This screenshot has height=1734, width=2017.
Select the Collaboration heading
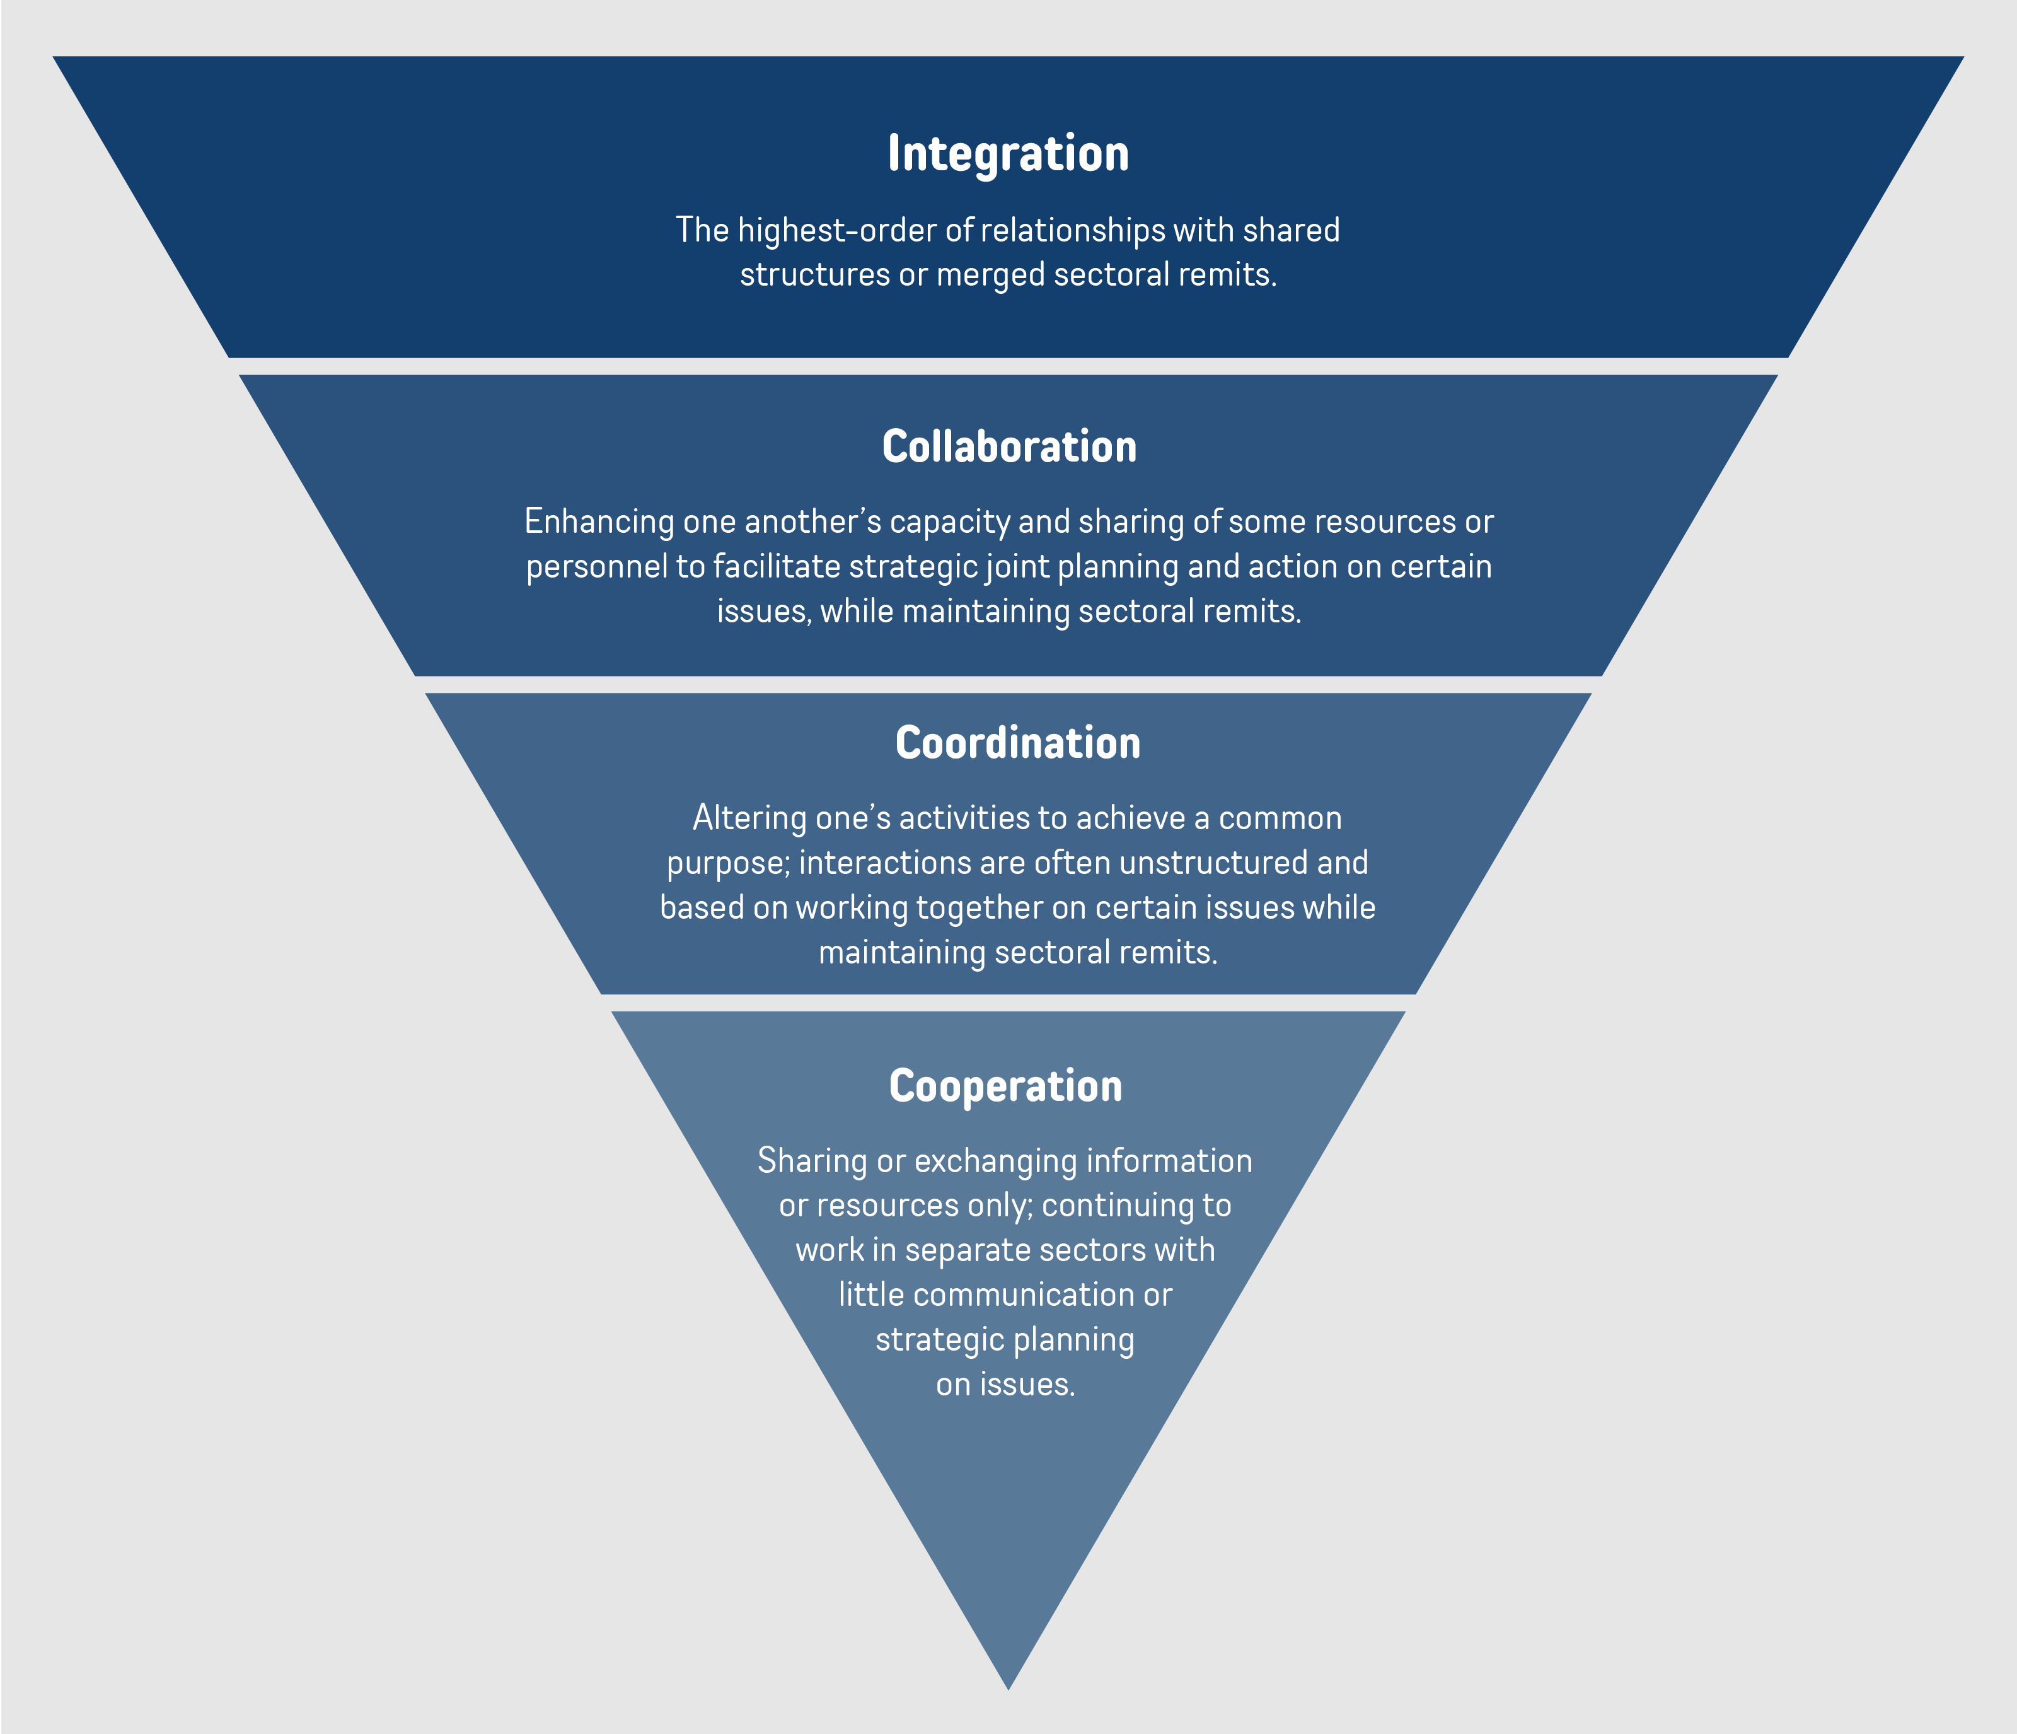pyautogui.click(x=1009, y=447)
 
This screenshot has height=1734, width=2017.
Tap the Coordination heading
pyautogui.click(x=1017, y=743)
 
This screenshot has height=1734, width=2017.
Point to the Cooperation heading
pyautogui.click(x=1005, y=1086)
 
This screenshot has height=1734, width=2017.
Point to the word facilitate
pyautogui.click(x=776, y=567)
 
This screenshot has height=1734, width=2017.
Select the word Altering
pyautogui.click(x=749, y=818)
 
